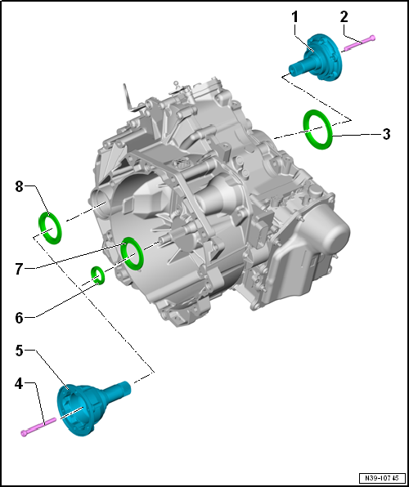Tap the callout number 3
(x=386, y=132)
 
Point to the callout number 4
(x=19, y=382)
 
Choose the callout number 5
(x=19, y=351)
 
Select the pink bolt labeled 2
(x=358, y=42)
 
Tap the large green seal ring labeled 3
(x=318, y=129)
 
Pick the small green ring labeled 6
(x=98, y=275)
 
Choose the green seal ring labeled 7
(x=131, y=253)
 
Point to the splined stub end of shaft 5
(x=122, y=385)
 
